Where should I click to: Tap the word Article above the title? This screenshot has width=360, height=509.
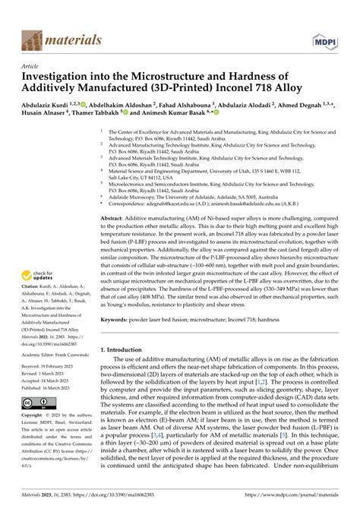pyautogui.click(x=31, y=66)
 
